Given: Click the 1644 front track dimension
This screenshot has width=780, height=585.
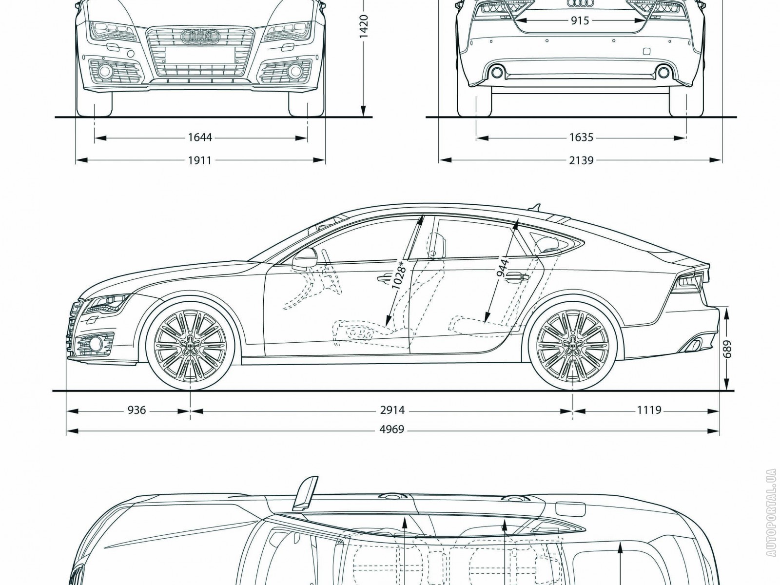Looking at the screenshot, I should [x=200, y=138].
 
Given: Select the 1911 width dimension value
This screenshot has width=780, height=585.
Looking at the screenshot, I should [x=200, y=160].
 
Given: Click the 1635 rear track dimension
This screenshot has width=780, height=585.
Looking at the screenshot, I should [x=581, y=138].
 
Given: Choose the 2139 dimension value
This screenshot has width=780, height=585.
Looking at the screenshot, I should [x=581, y=160].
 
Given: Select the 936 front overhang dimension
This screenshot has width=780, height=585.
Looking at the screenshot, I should [x=136, y=410].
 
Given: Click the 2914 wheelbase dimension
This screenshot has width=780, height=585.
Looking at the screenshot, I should [x=392, y=410].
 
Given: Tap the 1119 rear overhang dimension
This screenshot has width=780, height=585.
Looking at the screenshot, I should [x=649, y=410].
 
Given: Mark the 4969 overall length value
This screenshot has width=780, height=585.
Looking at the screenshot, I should [x=392, y=430].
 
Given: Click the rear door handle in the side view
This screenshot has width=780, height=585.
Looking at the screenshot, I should [x=518, y=277].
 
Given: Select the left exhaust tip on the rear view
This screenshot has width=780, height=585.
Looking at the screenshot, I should [x=497, y=73].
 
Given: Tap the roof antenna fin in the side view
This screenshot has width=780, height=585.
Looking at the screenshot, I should [x=537, y=207].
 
